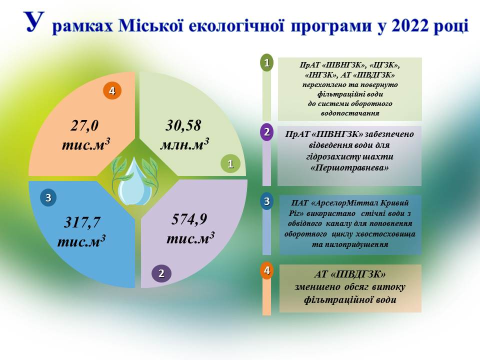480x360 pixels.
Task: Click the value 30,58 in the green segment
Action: [x=183, y=125]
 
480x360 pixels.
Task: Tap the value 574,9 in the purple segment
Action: [x=189, y=219]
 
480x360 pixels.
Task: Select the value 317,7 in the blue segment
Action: [x=82, y=222]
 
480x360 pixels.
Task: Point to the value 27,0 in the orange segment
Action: [x=84, y=125]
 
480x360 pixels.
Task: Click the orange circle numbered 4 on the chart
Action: [x=112, y=90]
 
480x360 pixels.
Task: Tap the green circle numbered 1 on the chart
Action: [x=230, y=164]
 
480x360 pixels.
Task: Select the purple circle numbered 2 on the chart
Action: [x=161, y=273]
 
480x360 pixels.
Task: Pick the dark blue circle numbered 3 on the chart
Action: [x=48, y=198]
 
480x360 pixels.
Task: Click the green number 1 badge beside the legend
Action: [x=266, y=63]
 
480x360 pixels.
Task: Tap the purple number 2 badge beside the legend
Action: [x=266, y=132]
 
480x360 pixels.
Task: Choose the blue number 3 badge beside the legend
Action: [x=266, y=201]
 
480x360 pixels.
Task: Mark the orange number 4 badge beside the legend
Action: [x=266, y=270]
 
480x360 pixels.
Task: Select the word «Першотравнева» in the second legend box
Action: [x=349, y=168]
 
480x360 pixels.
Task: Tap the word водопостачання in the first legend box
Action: [x=350, y=113]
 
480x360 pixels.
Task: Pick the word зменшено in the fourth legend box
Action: [x=317, y=287]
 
